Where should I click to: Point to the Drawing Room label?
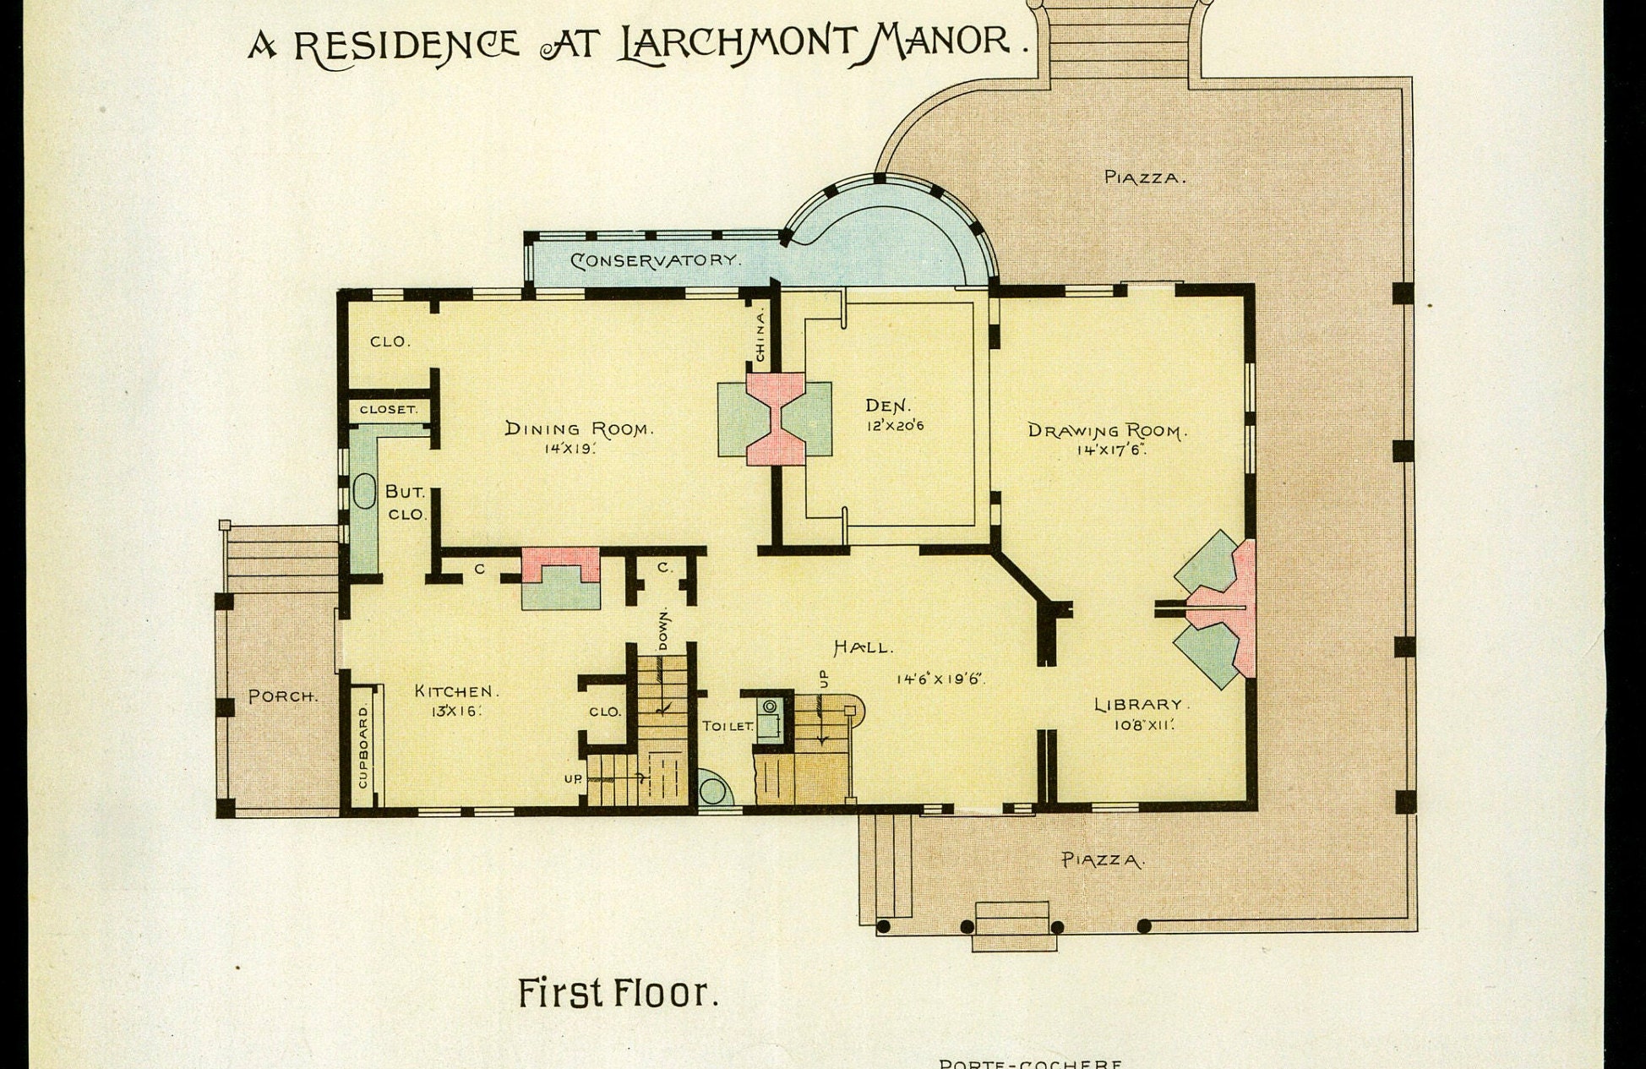click(1108, 430)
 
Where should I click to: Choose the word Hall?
click(863, 648)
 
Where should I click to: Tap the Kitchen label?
click(456, 691)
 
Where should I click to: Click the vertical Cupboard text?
click(363, 747)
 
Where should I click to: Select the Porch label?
click(283, 697)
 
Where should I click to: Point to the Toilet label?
click(727, 726)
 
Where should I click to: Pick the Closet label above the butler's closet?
click(389, 409)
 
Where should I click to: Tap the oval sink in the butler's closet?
click(364, 491)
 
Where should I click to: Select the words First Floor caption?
click(618, 993)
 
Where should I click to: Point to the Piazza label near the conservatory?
click(1145, 177)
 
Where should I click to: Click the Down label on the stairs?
click(663, 628)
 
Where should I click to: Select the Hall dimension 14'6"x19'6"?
click(940, 678)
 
